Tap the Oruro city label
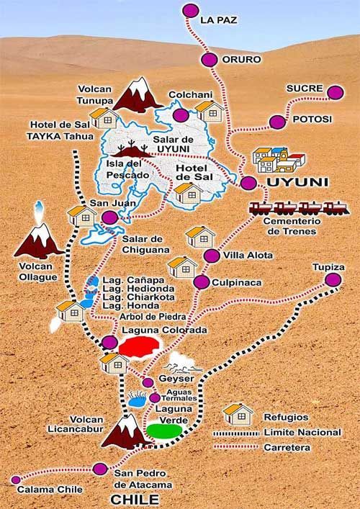click(x=241, y=60)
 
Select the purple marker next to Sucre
click(x=335, y=92)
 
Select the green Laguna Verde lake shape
click(x=163, y=431)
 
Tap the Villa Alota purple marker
click(x=212, y=256)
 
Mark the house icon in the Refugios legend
click(x=238, y=413)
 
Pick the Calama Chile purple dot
click(x=16, y=479)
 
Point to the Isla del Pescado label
click(x=127, y=169)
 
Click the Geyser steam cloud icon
click(x=179, y=361)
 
